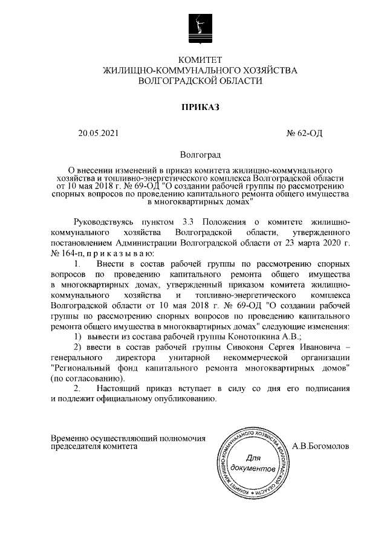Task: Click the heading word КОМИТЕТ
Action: (200, 60)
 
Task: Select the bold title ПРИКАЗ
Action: (200, 108)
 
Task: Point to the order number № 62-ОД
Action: (304, 134)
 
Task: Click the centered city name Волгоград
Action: (200, 156)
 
